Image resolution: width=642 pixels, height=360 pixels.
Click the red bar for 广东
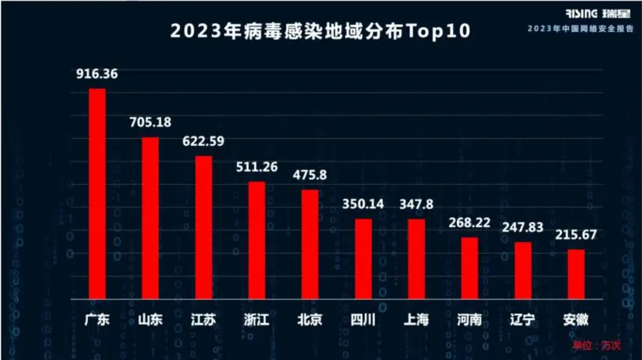[97, 194]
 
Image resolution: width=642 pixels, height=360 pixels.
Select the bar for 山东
[150, 218]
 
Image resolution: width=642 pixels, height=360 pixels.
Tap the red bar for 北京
[310, 244]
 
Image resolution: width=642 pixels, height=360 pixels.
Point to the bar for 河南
[469, 268]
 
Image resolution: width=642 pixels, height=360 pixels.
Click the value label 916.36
[97, 75]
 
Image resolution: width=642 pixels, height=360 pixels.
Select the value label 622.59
[203, 142]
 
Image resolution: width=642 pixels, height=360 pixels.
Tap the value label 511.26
[257, 167]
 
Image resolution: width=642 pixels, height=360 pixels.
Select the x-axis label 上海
[416, 320]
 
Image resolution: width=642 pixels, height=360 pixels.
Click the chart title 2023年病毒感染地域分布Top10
[320, 32]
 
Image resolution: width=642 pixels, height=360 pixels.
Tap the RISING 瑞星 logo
[598, 13]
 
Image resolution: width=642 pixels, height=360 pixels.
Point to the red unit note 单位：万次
[596, 346]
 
